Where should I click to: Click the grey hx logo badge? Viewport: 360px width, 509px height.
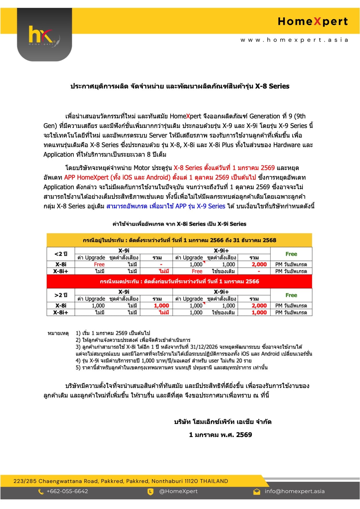pos(44,35)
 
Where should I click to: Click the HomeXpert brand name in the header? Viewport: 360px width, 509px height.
pos(313,21)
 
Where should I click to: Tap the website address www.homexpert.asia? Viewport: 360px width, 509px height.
pos(294,40)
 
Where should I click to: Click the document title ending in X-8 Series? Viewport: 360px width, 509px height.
pos(180,86)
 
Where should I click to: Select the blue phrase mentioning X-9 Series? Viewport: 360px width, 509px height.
pos(166,206)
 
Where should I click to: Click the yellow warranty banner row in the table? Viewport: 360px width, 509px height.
pos(179,240)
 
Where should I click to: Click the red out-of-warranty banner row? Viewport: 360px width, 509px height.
pos(179,281)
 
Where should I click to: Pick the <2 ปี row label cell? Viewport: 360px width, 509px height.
pos(61,254)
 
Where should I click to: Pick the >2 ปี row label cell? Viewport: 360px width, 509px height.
pos(61,295)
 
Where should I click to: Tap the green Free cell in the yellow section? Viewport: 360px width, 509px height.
pos(291,254)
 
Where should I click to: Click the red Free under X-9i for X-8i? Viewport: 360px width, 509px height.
pos(99,264)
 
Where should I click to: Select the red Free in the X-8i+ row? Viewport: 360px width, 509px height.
pos(197,271)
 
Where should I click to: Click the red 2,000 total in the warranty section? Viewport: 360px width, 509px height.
pos(259,264)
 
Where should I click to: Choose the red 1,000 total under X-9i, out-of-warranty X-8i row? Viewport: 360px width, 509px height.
pos(161,306)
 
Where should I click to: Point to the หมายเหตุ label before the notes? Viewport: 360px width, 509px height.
pos(58,333)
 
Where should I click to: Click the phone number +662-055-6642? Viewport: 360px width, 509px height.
pos(67,491)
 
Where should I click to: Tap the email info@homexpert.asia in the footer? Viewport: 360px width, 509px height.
pos(294,491)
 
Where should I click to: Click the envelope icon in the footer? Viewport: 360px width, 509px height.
pos(257,492)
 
